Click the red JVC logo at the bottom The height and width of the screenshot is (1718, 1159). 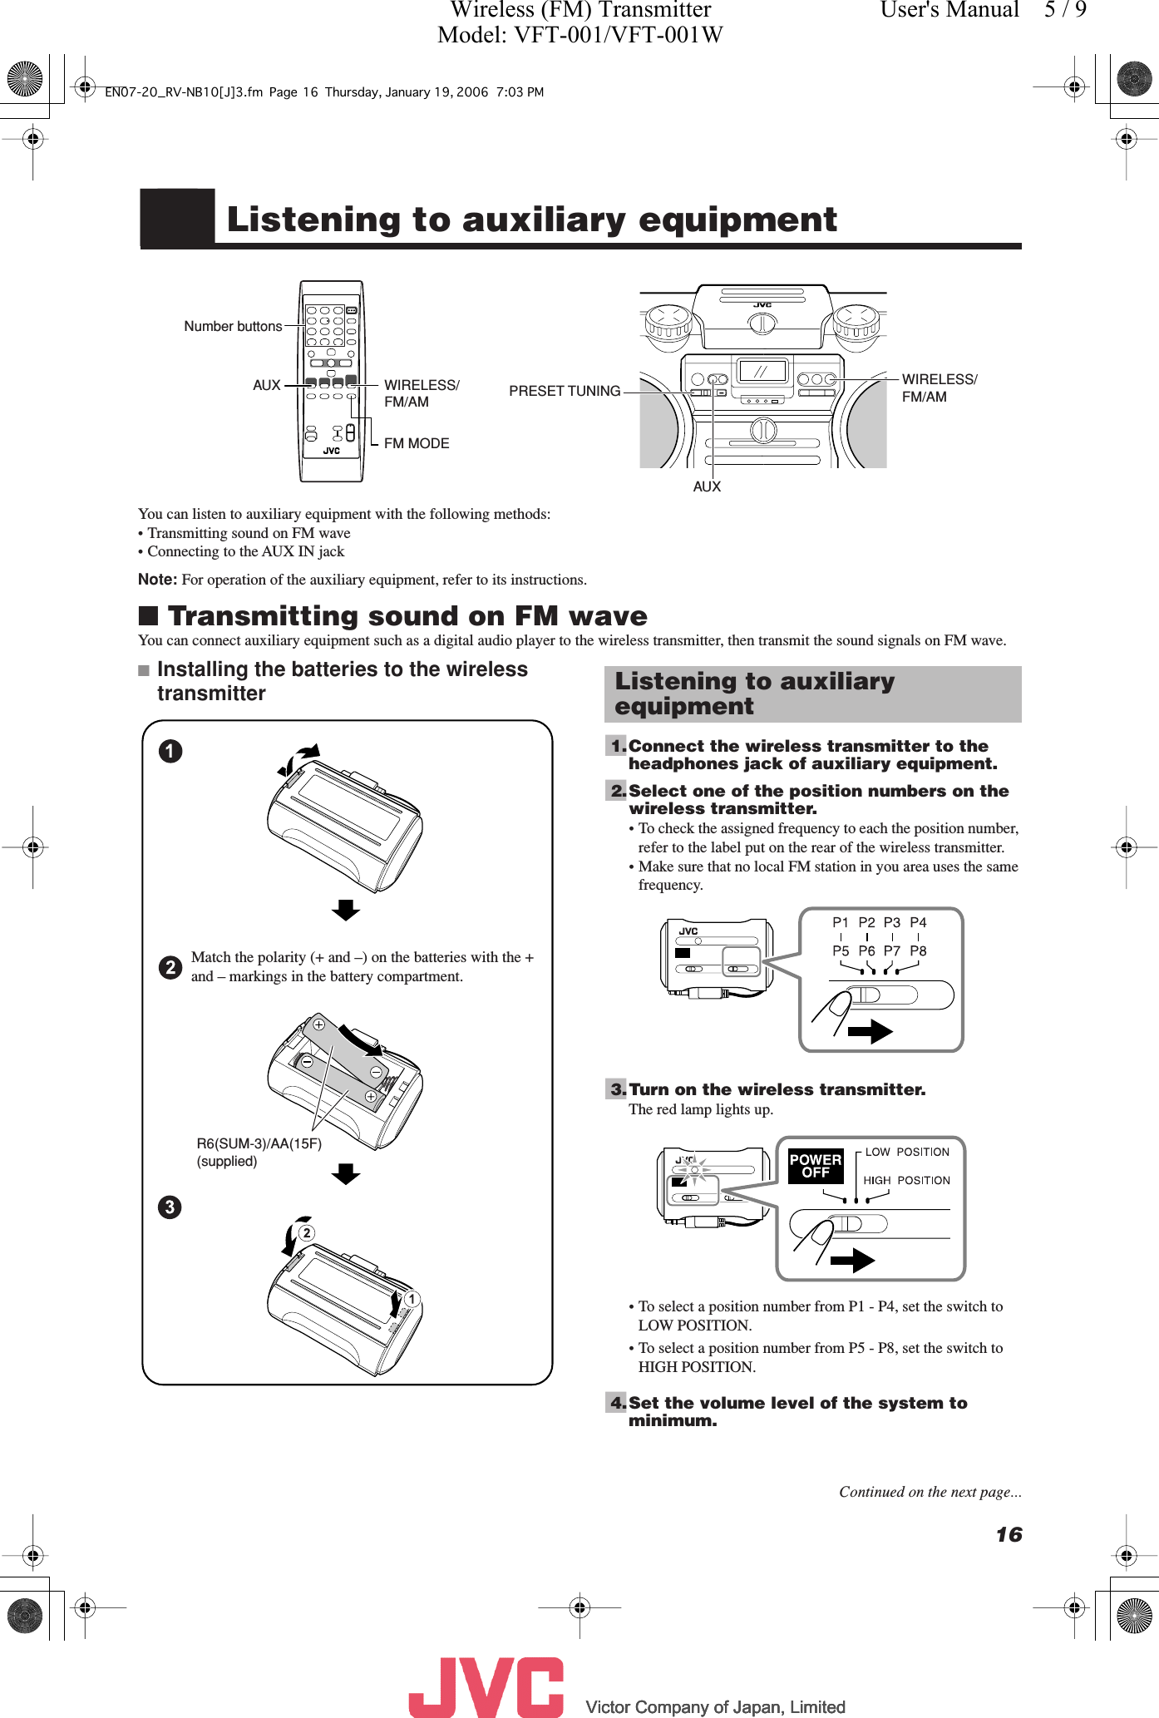tap(486, 1686)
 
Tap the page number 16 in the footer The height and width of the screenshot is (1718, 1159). tap(1009, 1534)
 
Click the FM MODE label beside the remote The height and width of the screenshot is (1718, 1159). tap(417, 443)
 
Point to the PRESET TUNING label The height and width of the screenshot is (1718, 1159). tap(565, 391)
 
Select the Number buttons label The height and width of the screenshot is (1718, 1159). tap(233, 326)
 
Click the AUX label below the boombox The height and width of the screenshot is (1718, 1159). tap(707, 486)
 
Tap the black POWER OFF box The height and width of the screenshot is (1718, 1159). tap(815, 1166)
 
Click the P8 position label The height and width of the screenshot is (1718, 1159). tap(918, 950)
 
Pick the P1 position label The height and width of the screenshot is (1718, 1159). tap(841, 922)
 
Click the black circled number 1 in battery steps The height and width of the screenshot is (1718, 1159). tap(170, 751)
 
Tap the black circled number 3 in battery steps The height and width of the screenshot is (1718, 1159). tap(170, 1207)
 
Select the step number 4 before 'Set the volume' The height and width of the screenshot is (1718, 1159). tap(616, 1403)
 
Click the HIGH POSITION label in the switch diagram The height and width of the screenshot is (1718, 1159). tap(906, 1180)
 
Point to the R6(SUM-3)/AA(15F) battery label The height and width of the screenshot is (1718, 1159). tap(259, 1143)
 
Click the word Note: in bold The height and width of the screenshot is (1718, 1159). tap(157, 580)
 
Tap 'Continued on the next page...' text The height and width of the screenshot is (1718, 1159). tap(930, 1492)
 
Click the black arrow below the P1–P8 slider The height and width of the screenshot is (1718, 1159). tap(870, 1032)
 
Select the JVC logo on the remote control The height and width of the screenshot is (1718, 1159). tap(332, 451)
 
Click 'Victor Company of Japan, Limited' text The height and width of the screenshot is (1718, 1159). tap(715, 1707)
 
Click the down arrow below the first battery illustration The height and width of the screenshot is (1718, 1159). tap(345, 910)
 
